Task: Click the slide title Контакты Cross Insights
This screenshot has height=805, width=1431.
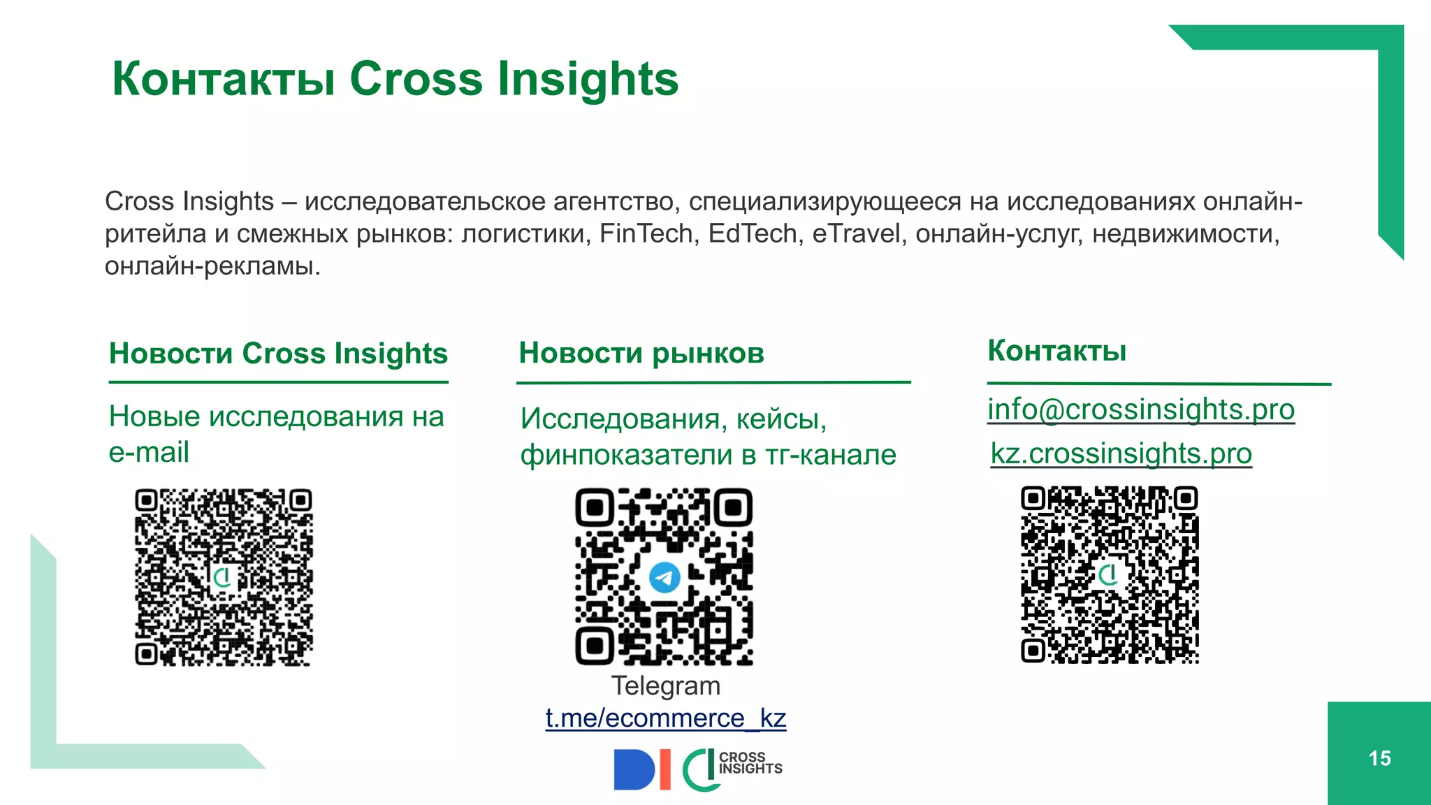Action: coord(395,78)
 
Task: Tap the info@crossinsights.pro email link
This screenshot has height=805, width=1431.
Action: coord(1140,409)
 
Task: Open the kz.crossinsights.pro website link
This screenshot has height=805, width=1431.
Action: coord(1121,454)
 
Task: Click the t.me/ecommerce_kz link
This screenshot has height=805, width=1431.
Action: coord(665,718)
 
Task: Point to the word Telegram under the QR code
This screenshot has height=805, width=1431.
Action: coord(665,686)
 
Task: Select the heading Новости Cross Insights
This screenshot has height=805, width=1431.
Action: coord(278,354)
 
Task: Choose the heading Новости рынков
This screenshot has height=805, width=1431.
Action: coord(641,353)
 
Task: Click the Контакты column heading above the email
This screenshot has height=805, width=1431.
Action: coord(1056,351)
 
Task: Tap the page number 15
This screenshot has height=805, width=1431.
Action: coord(1379,758)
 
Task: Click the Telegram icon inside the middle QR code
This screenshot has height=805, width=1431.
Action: coord(664,577)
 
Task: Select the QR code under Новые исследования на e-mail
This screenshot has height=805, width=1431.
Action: coord(224,577)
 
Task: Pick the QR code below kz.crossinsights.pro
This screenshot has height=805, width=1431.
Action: coord(1110,574)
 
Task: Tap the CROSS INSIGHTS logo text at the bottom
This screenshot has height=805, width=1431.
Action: coord(750,763)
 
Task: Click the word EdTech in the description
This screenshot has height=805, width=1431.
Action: coord(752,233)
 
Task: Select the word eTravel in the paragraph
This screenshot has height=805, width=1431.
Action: coord(855,233)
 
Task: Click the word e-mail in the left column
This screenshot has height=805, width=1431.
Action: coord(149,452)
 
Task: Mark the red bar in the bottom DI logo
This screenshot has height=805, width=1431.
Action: coord(665,769)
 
